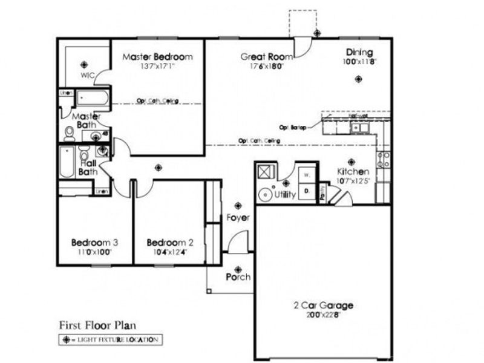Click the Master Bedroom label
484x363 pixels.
pos(157,57)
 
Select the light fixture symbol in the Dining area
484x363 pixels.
pos(359,78)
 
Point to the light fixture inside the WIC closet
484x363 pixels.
pos(84,64)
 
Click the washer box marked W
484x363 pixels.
pos(307,174)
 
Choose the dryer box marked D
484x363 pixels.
pos(307,190)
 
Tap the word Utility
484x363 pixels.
pos(284,195)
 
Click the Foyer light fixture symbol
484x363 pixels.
pos(238,206)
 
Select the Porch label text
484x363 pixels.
pos(238,277)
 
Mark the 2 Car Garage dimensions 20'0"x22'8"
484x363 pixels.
pos(324,315)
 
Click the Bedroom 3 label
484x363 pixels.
pos(94,243)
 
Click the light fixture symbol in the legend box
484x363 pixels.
pos(67,339)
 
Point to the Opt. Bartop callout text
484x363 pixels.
pos(292,128)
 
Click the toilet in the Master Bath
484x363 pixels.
pos(69,132)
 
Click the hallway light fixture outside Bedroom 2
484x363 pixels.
pos(159,168)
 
